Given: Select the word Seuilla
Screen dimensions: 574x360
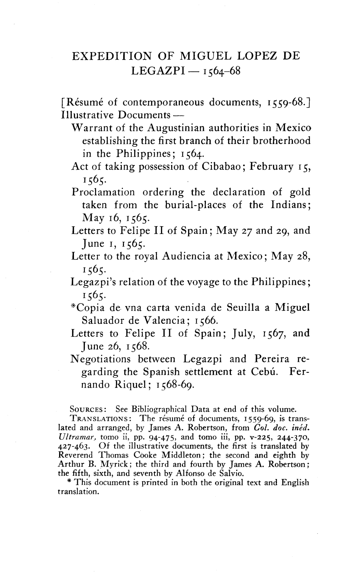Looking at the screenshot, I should (244, 308).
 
